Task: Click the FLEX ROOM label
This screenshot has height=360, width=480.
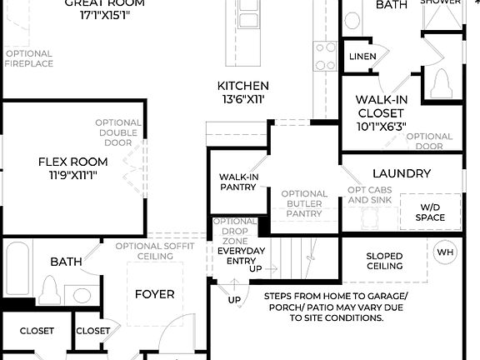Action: coord(73,161)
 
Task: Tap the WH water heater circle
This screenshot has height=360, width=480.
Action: coord(445,252)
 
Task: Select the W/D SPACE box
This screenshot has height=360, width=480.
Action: coord(430,212)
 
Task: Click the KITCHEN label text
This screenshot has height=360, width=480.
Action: coord(242,86)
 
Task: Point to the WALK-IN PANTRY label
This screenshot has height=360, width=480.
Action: coord(237,182)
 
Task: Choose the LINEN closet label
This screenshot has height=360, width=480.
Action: coord(362,57)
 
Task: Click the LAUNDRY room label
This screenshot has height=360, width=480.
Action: coord(402,173)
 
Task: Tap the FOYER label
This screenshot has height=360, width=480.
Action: coord(155,294)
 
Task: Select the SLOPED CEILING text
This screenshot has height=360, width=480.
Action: coord(384,261)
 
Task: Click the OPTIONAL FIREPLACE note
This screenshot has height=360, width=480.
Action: coord(29,58)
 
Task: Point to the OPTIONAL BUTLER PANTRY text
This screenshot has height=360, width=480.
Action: coord(304,203)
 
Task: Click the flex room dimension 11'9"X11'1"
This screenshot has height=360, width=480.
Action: coord(73,175)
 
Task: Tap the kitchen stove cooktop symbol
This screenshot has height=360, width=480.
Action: coord(324,56)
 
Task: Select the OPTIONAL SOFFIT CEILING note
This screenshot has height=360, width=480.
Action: coord(156,251)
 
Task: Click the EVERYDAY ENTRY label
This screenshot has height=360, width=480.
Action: coord(241,256)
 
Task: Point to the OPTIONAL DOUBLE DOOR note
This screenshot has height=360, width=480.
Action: coord(117,132)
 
